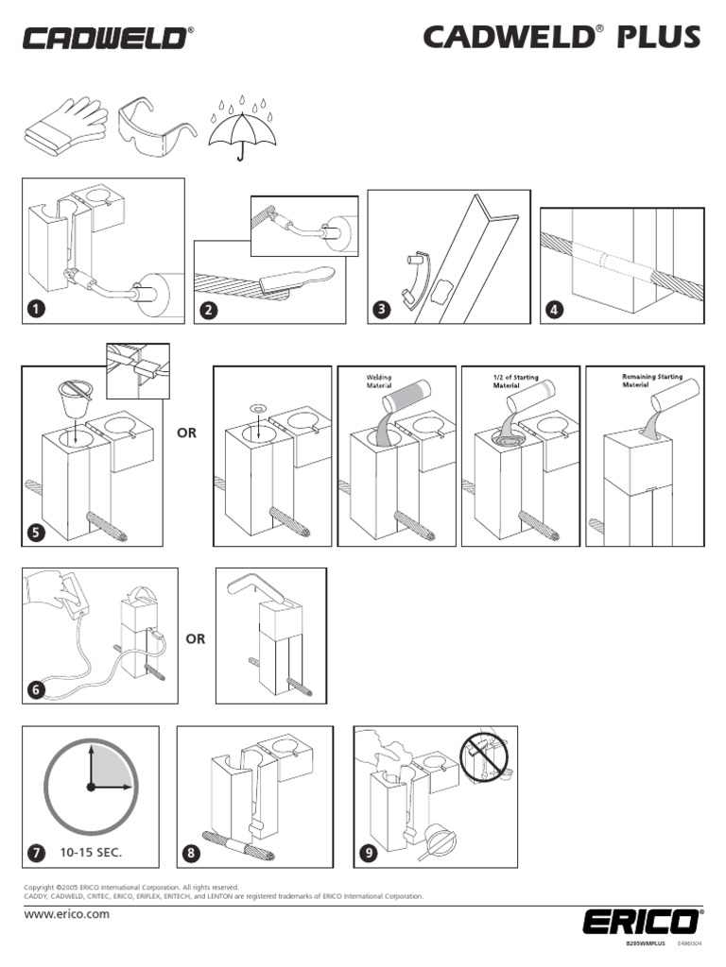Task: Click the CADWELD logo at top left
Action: (107, 38)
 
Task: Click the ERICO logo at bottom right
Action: (642, 921)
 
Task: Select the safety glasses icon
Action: (157, 124)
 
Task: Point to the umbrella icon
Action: (245, 128)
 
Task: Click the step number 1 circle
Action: (36, 309)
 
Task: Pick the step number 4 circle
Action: (553, 309)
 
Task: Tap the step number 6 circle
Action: (36, 689)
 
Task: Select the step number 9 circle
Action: (369, 854)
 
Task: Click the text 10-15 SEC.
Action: (93, 853)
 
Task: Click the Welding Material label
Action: (379, 382)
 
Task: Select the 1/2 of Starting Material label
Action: (515, 382)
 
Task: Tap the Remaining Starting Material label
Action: (651, 381)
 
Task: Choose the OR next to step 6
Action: (196, 639)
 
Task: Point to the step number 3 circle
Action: (382, 309)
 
